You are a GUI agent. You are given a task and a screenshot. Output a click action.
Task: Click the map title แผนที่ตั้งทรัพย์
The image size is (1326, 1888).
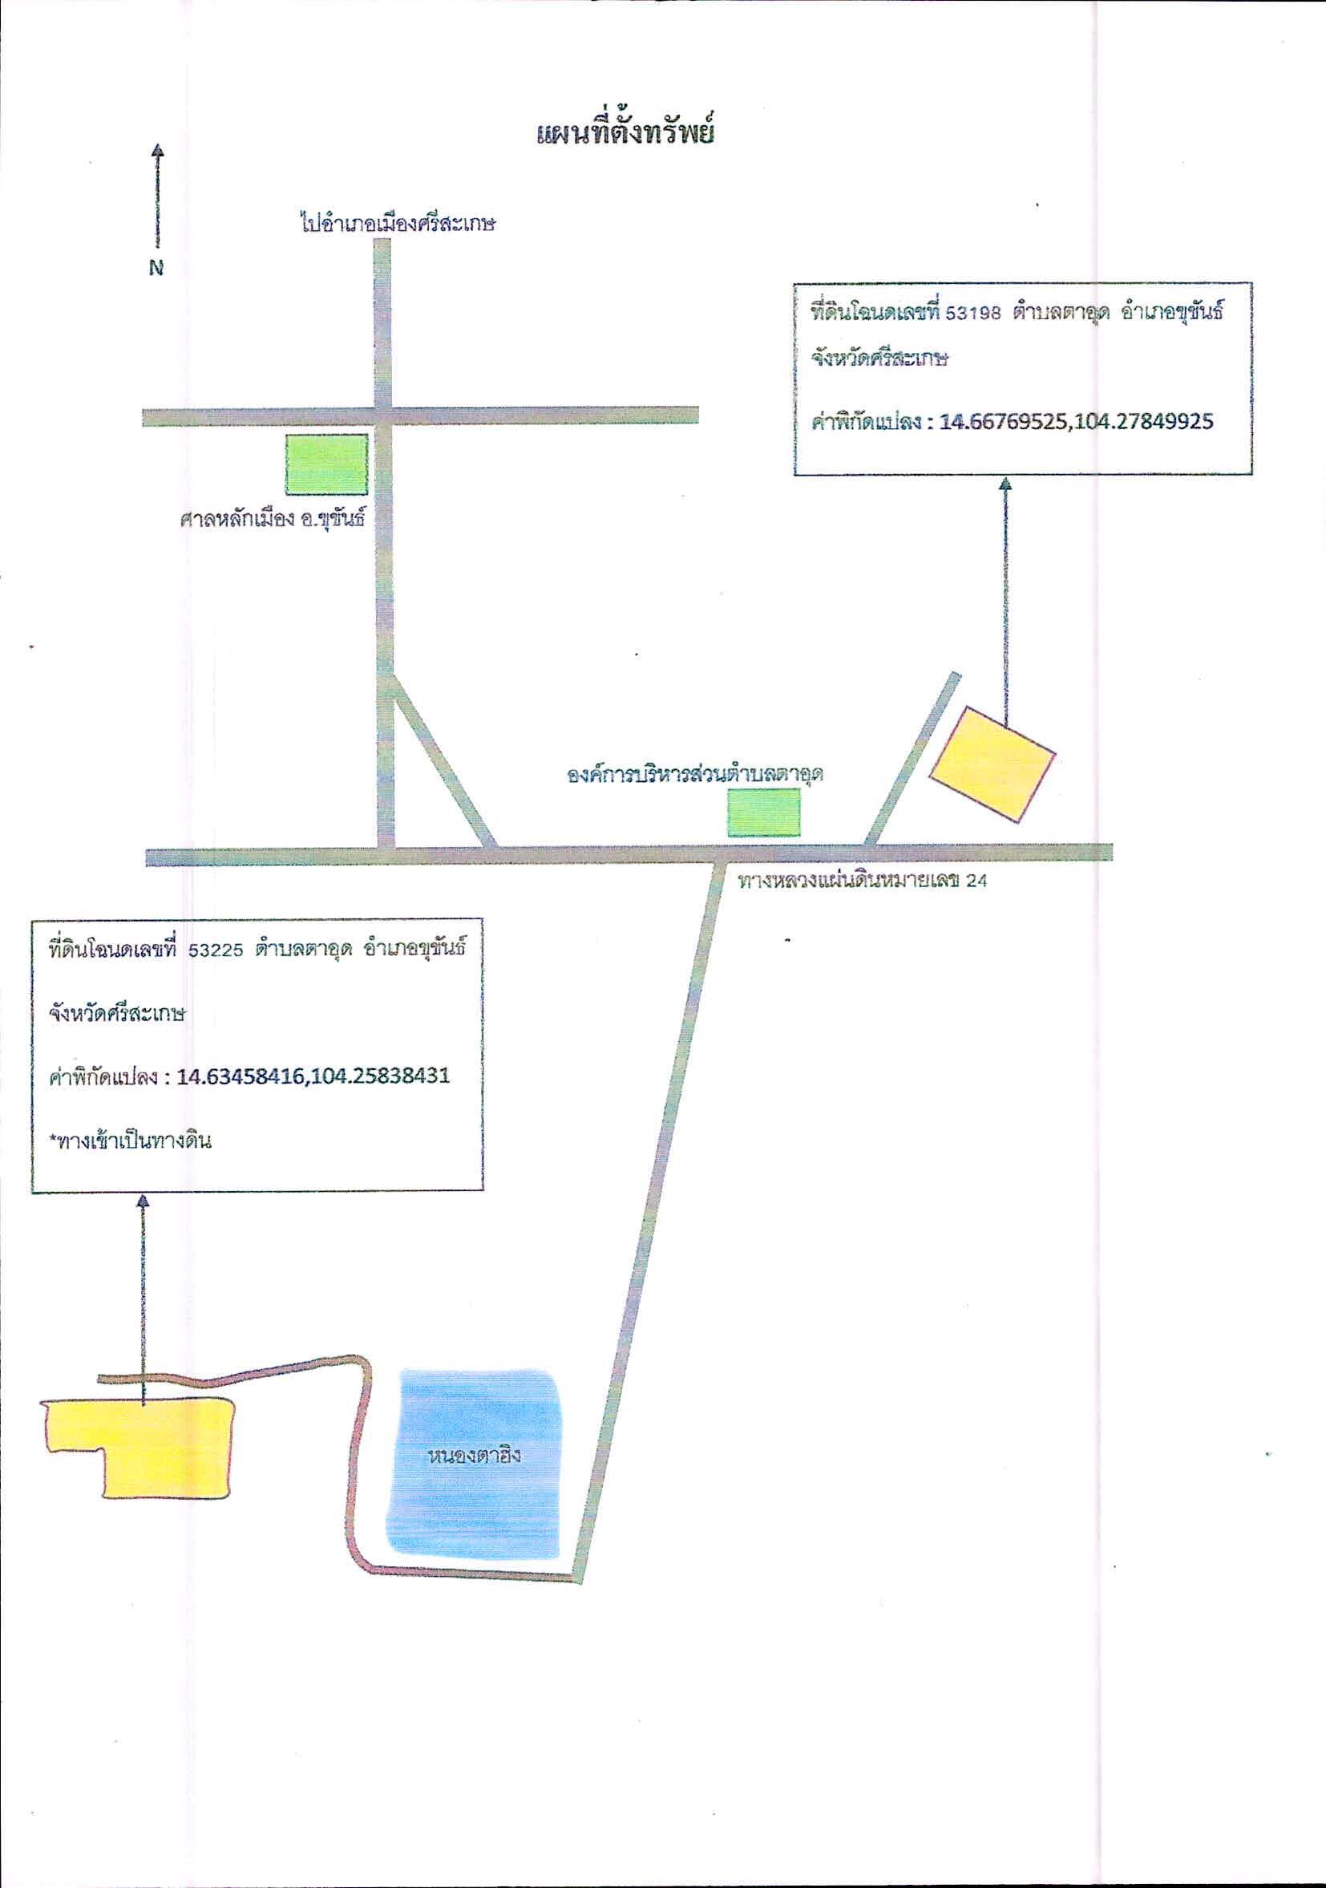pyautogui.click(x=625, y=132)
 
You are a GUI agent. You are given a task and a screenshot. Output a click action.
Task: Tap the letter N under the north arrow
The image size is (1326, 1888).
pyautogui.click(x=156, y=267)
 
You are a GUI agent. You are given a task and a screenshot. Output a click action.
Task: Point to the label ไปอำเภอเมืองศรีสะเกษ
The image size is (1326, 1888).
pyautogui.click(x=398, y=223)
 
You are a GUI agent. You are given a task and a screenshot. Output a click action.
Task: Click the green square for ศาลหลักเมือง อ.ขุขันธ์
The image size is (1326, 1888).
pyautogui.click(x=326, y=464)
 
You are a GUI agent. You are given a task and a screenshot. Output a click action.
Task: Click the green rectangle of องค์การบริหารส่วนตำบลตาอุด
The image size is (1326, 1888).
pyautogui.click(x=764, y=812)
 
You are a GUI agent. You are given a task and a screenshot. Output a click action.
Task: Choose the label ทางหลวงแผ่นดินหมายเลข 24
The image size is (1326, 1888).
pyautogui.click(x=863, y=881)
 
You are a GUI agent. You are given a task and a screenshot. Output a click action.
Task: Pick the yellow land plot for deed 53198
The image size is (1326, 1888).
pyautogui.click(x=992, y=762)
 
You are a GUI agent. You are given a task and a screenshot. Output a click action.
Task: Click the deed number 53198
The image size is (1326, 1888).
pyautogui.click(x=974, y=314)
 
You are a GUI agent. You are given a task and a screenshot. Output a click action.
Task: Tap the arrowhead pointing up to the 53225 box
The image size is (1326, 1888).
pyautogui.click(x=144, y=1202)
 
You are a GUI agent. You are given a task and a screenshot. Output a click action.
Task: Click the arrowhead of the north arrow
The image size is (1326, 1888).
pyautogui.click(x=157, y=151)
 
